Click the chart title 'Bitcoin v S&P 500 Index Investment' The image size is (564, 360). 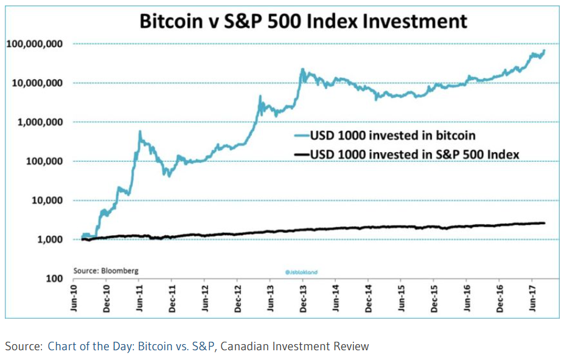click(x=304, y=21)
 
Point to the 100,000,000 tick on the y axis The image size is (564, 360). click(x=35, y=44)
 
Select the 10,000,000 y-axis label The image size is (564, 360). click(x=37, y=83)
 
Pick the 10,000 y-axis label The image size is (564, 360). click(x=44, y=200)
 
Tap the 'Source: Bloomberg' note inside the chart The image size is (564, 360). click(x=106, y=270)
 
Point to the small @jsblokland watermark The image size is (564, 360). click(x=302, y=272)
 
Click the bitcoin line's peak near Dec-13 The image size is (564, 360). click(x=302, y=69)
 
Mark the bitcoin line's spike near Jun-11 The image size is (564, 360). click(x=140, y=131)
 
